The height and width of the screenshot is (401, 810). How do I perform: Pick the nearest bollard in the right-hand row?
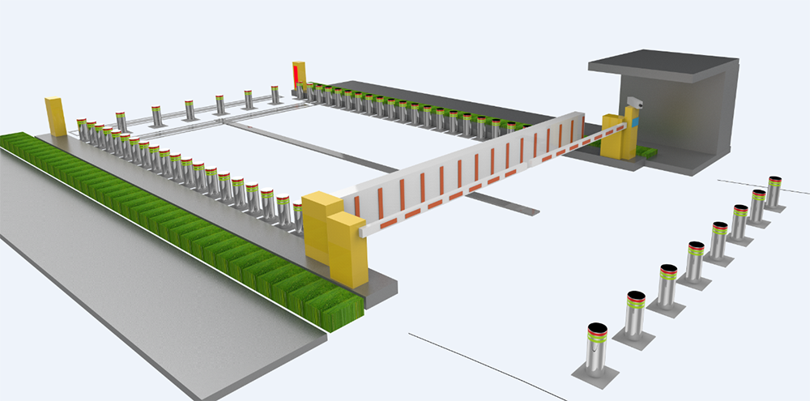pyautogui.click(x=596, y=349)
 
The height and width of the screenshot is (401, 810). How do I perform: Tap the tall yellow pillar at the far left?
pyautogui.click(x=55, y=116)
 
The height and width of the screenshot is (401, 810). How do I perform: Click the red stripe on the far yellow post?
pyautogui.click(x=296, y=75)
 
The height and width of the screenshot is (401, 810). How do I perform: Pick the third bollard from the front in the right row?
pyautogui.click(x=667, y=285)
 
